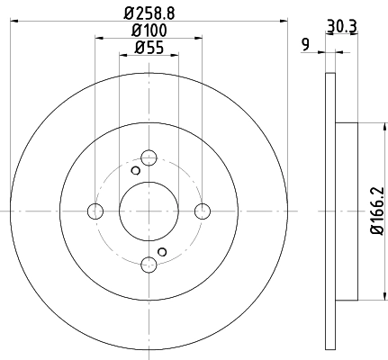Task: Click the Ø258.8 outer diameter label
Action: pos(149,13)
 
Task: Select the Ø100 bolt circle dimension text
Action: pos(149,31)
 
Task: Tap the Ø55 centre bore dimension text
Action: pos(149,48)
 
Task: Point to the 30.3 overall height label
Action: pos(342,26)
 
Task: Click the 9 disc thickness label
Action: pos(305,45)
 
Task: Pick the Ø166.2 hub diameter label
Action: pos(377,211)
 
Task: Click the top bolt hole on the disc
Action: pos(149,157)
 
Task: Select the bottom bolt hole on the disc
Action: pos(149,265)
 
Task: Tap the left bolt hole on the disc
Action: pos(95,211)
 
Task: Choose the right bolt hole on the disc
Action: pos(203,211)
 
